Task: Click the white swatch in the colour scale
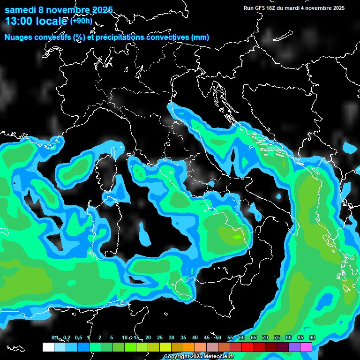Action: pyautogui.click(x=48, y=347)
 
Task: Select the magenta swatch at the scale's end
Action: pyautogui.click(x=306, y=347)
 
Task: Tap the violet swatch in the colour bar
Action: pyautogui.click(x=294, y=347)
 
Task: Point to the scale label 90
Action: pyautogui.click(x=312, y=337)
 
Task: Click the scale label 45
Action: pyautogui.click(x=207, y=337)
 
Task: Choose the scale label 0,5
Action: pyautogui.click(x=78, y=337)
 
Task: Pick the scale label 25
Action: pyautogui.click(x=160, y=337)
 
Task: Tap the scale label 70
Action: pyautogui.click(x=265, y=337)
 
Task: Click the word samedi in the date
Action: pyautogui.click(x=21, y=10)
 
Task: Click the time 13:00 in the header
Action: pyautogui.click(x=19, y=21)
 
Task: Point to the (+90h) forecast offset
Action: pyautogui.click(x=81, y=21)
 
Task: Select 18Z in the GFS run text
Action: pyautogui.click(x=272, y=8)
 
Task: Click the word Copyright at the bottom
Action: pyautogui.click(x=177, y=356)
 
